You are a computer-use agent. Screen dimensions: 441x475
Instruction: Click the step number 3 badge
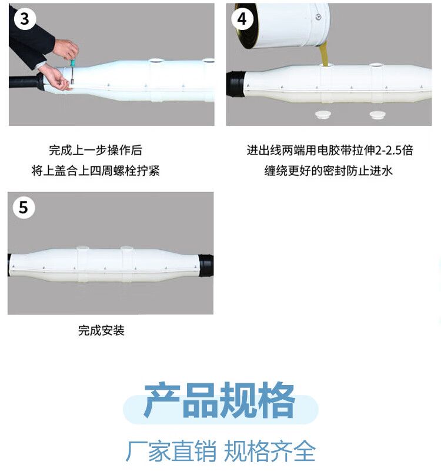[x=25, y=19]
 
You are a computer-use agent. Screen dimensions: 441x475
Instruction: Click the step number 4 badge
[x=242, y=19]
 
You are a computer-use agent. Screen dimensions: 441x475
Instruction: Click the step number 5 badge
[x=24, y=208]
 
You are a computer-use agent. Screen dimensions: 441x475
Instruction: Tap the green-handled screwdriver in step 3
[x=72, y=72]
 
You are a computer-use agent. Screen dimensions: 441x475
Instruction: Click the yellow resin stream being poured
[x=324, y=54]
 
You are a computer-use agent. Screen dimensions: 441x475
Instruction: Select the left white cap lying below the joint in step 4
[x=323, y=115]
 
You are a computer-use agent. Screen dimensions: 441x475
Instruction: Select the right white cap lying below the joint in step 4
[x=377, y=115]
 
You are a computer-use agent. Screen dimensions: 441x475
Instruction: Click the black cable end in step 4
[x=236, y=84]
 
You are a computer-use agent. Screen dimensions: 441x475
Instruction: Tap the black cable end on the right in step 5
[x=206, y=265]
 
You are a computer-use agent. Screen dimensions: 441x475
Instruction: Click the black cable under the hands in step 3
[x=26, y=82]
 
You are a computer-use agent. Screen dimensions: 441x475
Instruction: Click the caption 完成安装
[x=101, y=330]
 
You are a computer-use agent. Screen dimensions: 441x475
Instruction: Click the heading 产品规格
[x=219, y=400]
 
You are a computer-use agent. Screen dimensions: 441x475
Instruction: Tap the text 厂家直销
[x=171, y=451]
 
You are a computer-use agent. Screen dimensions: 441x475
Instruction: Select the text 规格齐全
[x=270, y=451]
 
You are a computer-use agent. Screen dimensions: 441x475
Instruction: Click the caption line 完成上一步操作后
[x=95, y=150]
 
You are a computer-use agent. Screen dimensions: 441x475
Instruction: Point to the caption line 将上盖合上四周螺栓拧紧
[x=95, y=171]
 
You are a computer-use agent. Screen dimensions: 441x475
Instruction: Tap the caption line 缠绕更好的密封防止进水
[x=329, y=171]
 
